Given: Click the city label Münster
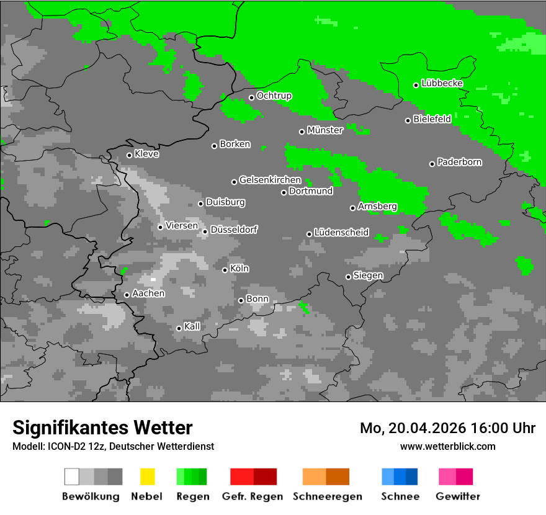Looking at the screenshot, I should click(324, 130).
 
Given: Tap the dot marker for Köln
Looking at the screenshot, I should click(225, 270).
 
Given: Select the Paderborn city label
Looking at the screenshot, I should click(459, 163).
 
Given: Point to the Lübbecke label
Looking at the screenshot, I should click(442, 83).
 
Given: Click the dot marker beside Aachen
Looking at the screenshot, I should click(127, 295).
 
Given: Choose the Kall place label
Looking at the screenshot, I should click(192, 326).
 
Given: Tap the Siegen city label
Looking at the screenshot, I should click(368, 275).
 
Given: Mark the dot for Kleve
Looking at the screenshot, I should click(129, 155).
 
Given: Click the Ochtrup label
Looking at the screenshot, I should click(274, 96).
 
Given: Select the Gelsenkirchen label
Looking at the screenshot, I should click(270, 181).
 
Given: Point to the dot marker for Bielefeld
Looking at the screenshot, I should click(408, 120).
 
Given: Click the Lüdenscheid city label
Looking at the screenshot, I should click(341, 233).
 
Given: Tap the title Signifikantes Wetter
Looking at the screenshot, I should click(102, 428).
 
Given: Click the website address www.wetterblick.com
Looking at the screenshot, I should click(447, 446).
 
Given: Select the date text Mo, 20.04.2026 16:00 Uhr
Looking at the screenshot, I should click(447, 428).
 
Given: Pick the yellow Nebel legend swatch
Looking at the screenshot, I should click(147, 477).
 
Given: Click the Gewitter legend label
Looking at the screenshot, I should click(458, 496).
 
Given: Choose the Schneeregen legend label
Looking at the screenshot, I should click(328, 496).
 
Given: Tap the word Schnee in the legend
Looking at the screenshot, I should click(400, 496).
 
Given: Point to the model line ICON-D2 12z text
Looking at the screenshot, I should click(113, 446).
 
